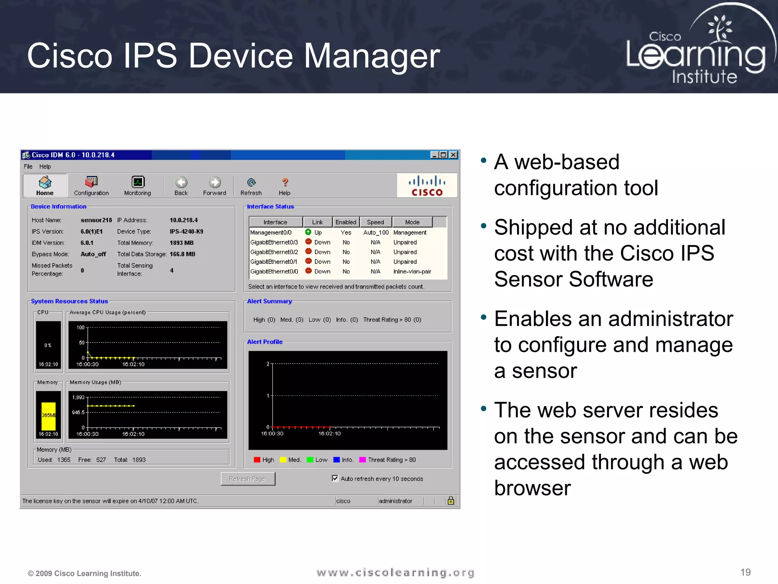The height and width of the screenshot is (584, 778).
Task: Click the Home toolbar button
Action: [x=45, y=186]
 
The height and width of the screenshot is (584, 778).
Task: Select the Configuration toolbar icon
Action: [x=91, y=186]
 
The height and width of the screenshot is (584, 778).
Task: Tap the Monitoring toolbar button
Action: [x=138, y=186]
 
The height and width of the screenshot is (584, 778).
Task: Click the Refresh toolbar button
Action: [x=251, y=186]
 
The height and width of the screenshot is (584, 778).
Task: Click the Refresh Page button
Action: [x=248, y=479]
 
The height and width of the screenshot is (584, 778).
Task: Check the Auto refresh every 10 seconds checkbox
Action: [x=335, y=478]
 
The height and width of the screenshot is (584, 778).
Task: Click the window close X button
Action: [x=453, y=155]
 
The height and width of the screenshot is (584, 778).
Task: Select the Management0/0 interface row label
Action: [x=271, y=232]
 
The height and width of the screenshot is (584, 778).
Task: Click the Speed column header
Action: [x=375, y=222]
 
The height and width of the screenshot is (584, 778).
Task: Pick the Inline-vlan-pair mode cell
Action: [x=412, y=271]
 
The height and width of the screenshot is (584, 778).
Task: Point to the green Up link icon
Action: [x=308, y=232]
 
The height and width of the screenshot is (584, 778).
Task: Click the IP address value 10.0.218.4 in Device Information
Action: [x=183, y=220]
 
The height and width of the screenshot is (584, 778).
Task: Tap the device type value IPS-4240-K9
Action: [x=186, y=232]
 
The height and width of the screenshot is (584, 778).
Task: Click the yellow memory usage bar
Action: [x=49, y=416]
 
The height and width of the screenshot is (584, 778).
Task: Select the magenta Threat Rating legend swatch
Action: [x=362, y=460]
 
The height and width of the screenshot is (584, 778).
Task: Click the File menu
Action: [x=28, y=167]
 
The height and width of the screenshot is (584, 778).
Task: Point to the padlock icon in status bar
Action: [x=451, y=500]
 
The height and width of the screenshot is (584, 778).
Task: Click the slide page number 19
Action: [x=745, y=572]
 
